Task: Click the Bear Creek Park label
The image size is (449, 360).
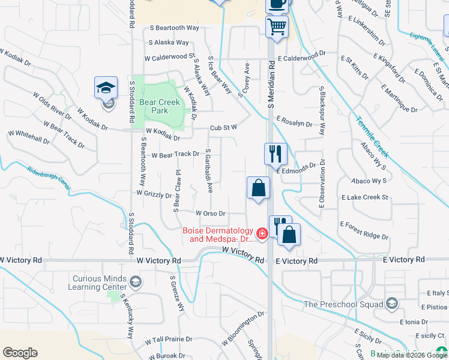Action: (x=160, y=106)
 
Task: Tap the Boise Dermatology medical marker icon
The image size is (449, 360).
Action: (x=262, y=233)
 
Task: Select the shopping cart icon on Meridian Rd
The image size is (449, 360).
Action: (x=277, y=26)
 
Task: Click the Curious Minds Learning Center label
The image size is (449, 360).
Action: (x=100, y=283)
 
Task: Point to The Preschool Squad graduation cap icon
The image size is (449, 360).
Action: (x=392, y=304)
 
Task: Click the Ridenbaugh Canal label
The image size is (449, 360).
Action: (x=49, y=178)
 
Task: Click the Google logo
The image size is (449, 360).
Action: (x=20, y=353)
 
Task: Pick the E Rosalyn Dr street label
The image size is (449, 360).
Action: (x=294, y=122)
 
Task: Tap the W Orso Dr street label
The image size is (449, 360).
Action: (x=210, y=213)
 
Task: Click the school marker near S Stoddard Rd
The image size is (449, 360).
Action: (x=106, y=88)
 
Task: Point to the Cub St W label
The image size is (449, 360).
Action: (x=224, y=127)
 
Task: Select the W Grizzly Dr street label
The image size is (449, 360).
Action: (x=154, y=194)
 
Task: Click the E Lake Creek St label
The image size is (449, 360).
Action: (x=365, y=197)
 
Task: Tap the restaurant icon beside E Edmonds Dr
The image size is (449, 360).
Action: (x=276, y=154)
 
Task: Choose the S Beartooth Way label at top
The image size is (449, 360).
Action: (x=174, y=28)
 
